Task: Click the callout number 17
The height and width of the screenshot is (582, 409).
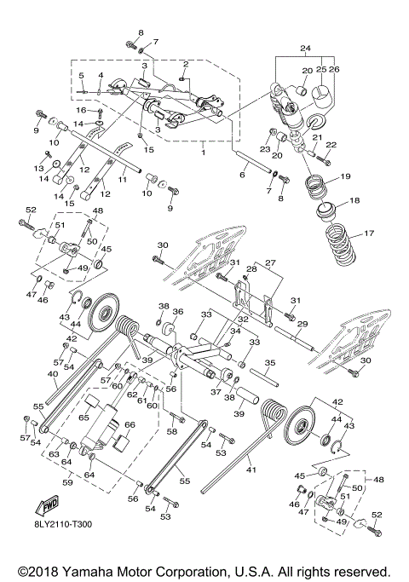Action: pos(369,233)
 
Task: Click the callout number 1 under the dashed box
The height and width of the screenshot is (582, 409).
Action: pos(202,153)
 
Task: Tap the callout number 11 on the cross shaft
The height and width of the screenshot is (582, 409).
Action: pos(123,181)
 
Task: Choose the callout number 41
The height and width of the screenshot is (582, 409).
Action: pos(251,468)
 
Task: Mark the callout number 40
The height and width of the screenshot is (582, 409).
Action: pos(52,373)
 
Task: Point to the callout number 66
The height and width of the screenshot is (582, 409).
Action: pos(130,424)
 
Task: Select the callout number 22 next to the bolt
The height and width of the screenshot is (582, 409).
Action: pos(331,146)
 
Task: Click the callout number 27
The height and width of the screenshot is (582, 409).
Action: pos(271,263)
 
